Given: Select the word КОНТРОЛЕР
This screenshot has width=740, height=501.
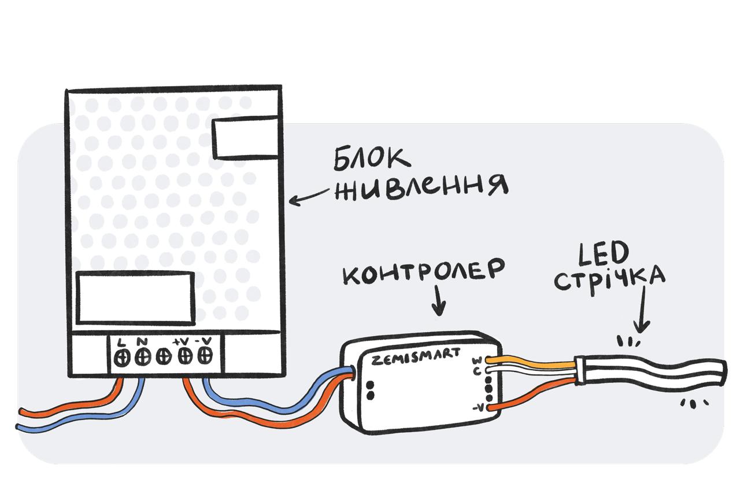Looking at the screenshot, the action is tap(424, 272).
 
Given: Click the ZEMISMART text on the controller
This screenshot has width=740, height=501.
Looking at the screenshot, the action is tap(415, 357).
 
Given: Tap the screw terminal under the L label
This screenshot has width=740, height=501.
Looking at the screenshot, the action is tap(122, 358).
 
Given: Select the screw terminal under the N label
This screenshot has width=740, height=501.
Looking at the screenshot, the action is tap(142, 358).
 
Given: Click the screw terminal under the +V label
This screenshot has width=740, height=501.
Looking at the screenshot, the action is tap(185, 356).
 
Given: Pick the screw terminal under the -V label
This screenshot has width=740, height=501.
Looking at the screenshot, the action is tap(205, 355).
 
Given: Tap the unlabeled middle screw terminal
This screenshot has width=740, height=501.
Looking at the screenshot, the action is tap(164, 357).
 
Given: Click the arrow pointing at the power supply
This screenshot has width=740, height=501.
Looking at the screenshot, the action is tap(309, 197).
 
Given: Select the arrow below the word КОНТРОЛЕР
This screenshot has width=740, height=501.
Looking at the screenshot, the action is tap(439, 301).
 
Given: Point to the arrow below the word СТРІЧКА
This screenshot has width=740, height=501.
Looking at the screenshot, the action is tap(642, 309).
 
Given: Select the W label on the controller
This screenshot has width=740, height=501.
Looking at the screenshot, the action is tap(478, 360).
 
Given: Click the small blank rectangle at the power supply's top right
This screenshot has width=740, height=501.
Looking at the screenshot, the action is tap(246, 137).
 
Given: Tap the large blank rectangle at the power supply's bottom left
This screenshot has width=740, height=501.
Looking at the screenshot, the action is tap(136, 298).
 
